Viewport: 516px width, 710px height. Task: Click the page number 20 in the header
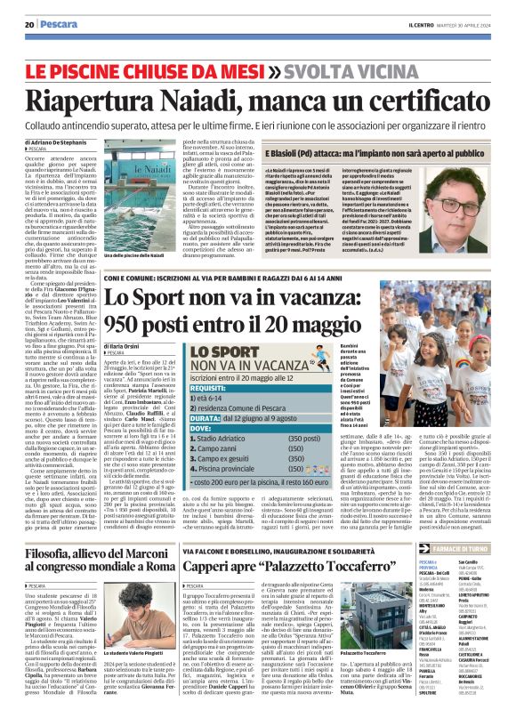(x=29, y=23)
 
